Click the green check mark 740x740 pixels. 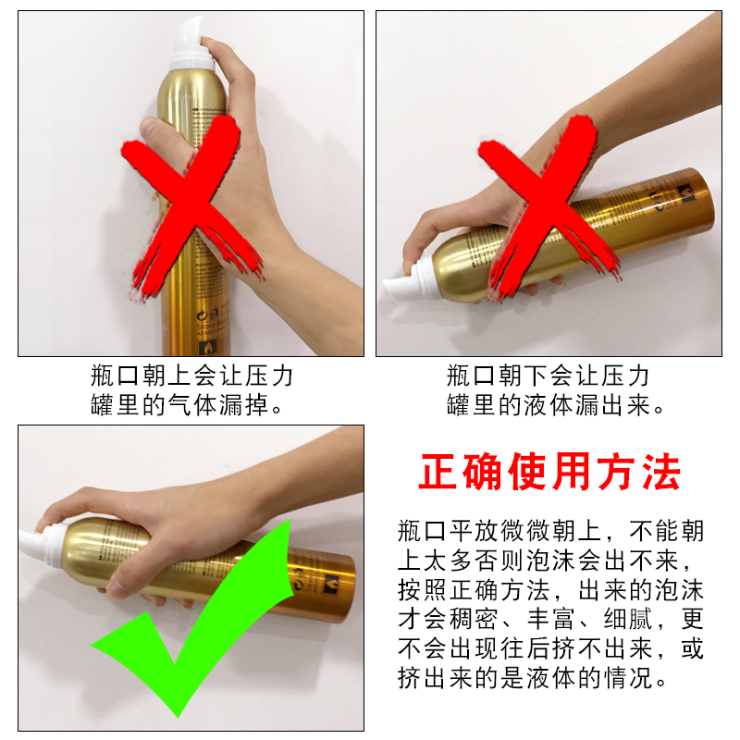coord(185,638)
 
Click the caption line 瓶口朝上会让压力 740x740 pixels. coord(192,376)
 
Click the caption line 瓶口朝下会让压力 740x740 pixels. coord(548,376)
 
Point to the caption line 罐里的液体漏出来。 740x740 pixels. coord(555,405)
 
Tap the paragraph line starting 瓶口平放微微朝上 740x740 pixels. coord(549,531)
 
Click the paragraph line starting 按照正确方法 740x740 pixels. coord(549,590)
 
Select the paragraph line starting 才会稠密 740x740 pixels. coord(549,620)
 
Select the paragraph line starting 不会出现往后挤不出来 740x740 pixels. coord(549,649)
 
